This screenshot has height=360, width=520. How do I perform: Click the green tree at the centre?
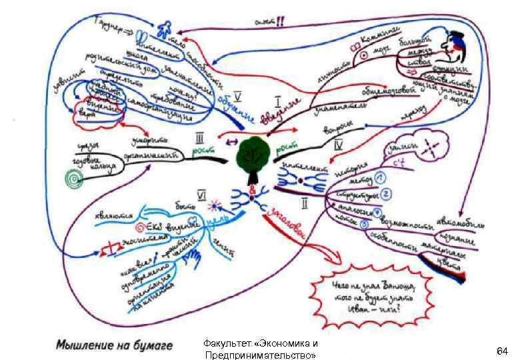coord(253,159)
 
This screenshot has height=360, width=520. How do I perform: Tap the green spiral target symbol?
coord(69,178)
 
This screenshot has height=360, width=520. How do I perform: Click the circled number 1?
coord(380,177)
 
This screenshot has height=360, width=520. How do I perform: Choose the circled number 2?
coord(385,194)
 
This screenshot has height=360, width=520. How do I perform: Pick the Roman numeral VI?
coord(200,195)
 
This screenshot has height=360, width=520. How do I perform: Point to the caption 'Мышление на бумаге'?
coord(114,345)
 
